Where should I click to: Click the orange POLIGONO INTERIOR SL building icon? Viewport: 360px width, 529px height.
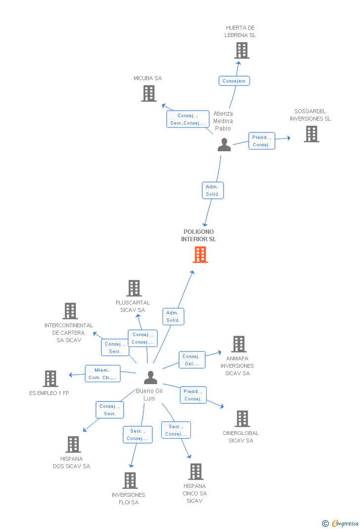[x=200, y=254]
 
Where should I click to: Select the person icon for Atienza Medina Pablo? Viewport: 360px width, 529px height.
[x=224, y=144]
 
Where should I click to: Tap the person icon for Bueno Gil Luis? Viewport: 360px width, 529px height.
[x=150, y=377]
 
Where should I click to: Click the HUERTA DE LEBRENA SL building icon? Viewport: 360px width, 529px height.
[x=241, y=50]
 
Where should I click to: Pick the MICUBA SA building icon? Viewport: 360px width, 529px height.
[x=148, y=93]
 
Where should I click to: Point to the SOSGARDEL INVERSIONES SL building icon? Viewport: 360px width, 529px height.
[x=311, y=133]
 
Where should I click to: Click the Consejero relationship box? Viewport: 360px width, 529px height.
[x=234, y=81]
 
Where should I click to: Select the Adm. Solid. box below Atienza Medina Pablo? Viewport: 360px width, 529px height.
[x=213, y=190]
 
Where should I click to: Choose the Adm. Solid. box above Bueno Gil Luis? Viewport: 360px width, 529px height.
[x=173, y=316]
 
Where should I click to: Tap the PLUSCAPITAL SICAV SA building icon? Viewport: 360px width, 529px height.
[x=134, y=288]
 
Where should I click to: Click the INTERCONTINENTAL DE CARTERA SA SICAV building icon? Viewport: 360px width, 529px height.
[x=70, y=310]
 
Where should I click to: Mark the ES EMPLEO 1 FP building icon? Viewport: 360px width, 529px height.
[x=50, y=378]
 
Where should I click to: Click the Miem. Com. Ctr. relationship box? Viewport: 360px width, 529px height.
[x=103, y=374]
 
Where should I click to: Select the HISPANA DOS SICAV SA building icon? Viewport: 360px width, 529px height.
[x=73, y=444]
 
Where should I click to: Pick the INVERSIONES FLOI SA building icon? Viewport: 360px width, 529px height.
[x=130, y=480]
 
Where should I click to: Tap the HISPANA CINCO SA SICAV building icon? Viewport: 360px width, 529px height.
[x=195, y=471]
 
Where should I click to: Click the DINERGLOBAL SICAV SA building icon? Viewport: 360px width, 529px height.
[x=242, y=418]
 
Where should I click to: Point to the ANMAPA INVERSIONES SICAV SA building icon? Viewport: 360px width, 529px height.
[x=238, y=344]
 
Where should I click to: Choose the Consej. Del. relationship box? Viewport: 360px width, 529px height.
[x=192, y=360]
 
